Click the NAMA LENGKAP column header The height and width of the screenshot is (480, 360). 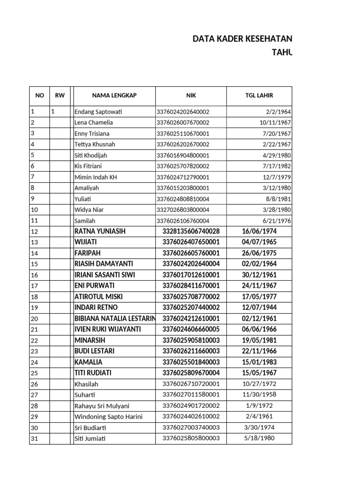[x=114, y=95]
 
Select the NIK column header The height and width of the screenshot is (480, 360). [x=191, y=95]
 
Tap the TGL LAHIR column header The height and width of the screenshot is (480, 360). [x=259, y=95]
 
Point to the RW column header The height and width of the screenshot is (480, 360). [x=60, y=95]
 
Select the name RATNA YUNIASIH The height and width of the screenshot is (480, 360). [x=100, y=231]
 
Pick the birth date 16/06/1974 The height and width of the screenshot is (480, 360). [x=259, y=231]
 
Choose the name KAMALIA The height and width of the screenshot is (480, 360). [x=88, y=362]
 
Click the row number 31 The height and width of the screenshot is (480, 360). [x=34, y=439]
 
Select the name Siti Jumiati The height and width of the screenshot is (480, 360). [x=90, y=439]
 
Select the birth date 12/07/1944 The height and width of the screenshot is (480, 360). [x=259, y=307]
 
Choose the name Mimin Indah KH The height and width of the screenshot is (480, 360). [x=94, y=177]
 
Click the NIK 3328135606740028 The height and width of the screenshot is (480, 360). [x=191, y=231]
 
